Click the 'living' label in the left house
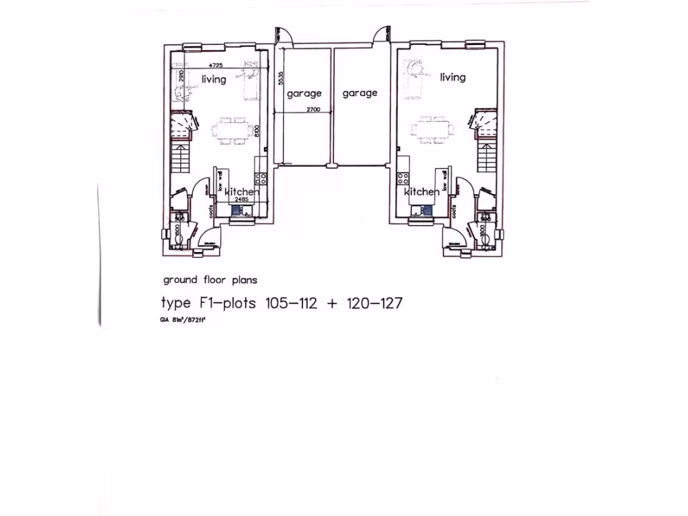coord(214,79)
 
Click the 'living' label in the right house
coord(452,77)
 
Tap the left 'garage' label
coord(304,93)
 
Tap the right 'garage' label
coord(359,93)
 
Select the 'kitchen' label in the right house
coord(421,192)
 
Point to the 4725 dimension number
coord(216,65)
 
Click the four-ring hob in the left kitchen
coord(261,179)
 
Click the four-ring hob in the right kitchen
coord(404,179)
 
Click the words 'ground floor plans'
coord(210,279)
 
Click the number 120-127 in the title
coord(374,303)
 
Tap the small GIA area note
coord(182,320)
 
